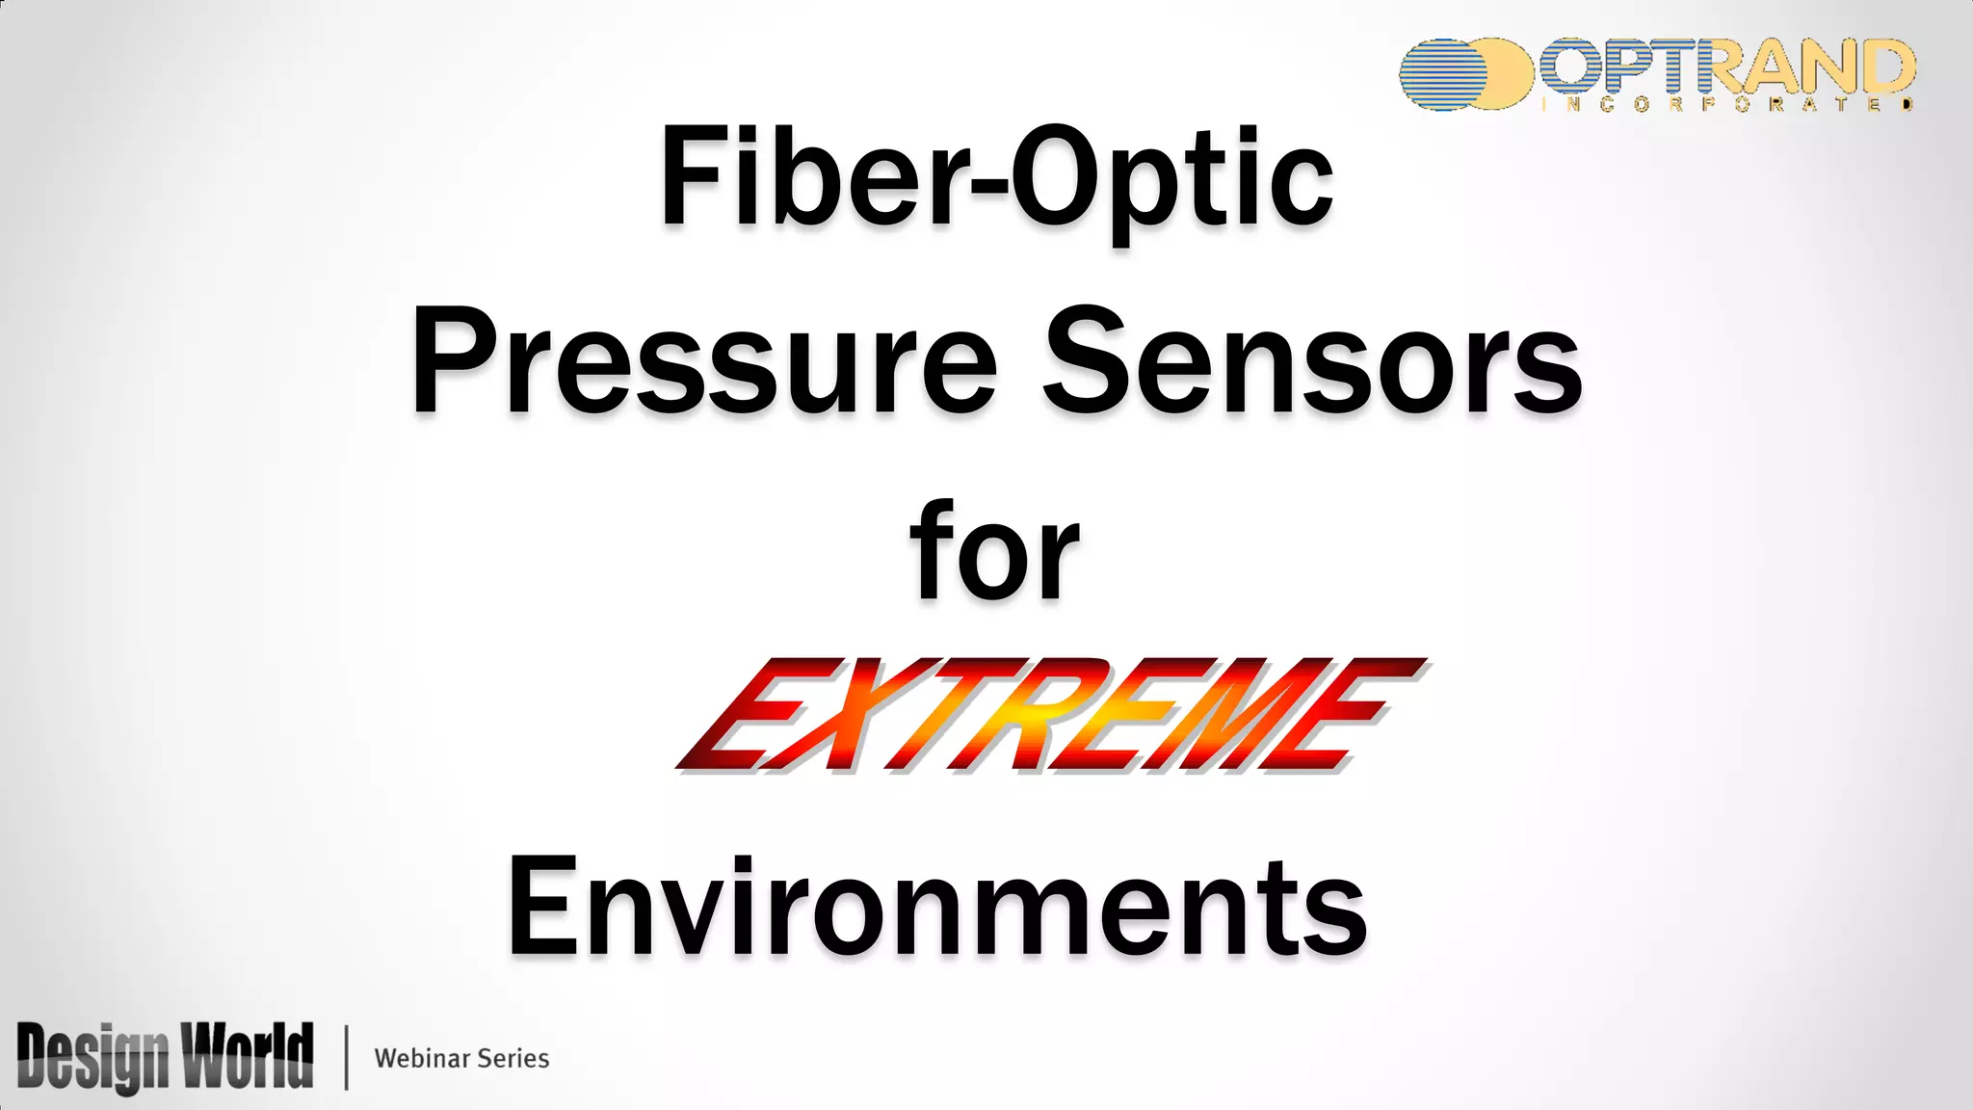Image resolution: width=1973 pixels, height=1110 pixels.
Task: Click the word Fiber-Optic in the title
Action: pyautogui.click(x=996, y=179)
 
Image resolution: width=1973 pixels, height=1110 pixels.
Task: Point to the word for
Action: pyautogui.click(x=995, y=551)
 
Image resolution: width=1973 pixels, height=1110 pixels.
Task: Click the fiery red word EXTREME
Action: pyautogui.click(x=1050, y=715)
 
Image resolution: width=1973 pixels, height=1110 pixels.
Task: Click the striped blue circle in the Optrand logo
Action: pyautogui.click(x=1445, y=74)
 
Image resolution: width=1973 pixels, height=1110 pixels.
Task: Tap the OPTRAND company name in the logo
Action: pyautogui.click(x=1724, y=66)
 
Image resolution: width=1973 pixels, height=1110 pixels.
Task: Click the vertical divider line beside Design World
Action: pyautogui.click(x=346, y=1057)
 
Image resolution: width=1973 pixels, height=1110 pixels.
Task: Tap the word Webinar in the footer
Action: pyautogui.click(x=422, y=1058)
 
